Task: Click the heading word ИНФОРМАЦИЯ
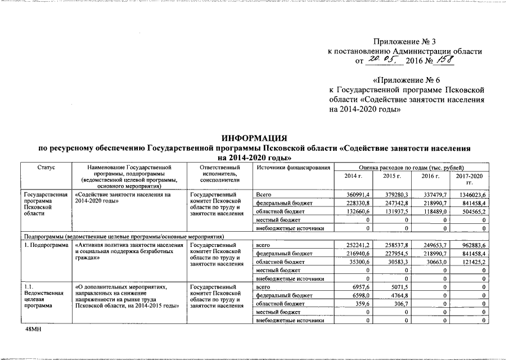(254, 138)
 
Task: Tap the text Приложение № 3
(404, 42)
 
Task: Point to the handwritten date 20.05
(382, 60)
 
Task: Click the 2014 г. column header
(353, 176)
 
